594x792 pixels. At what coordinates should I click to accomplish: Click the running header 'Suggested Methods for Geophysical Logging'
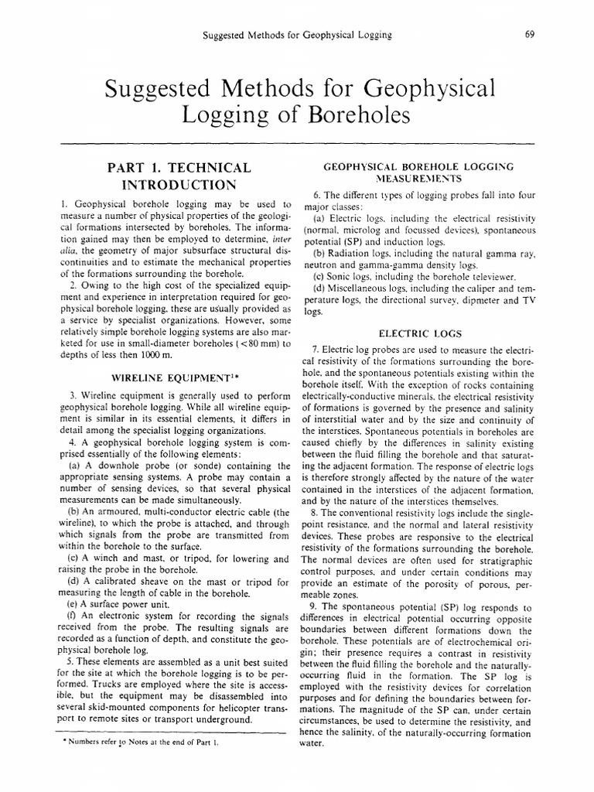click(x=296, y=34)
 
